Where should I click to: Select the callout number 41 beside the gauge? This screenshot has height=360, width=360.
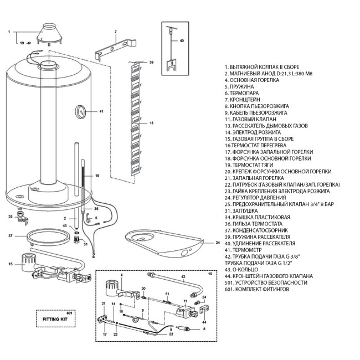(x=101, y=111)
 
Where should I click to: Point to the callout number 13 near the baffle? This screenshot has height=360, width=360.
(x=151, y=122)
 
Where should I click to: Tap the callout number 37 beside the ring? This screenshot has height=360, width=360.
(x=10, y=235)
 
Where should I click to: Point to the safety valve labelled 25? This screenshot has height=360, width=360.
(x=22, y=218)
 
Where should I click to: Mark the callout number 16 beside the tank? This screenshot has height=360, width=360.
(x=97, y=176)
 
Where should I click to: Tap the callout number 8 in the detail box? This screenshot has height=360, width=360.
(x=203, y=328)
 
